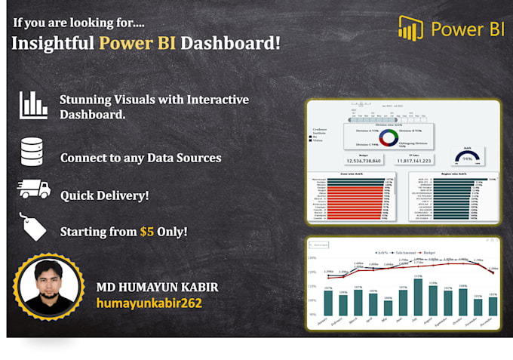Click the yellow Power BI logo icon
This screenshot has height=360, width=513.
[x=410, y=28]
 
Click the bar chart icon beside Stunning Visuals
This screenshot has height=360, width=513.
[x=33, y=106]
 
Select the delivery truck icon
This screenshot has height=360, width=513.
[x=33, y=189]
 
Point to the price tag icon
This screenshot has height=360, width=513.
[x=34, y=227]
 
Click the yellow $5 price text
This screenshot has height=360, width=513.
[x=147, y=232]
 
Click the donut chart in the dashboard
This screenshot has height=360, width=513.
[x=388, y=137]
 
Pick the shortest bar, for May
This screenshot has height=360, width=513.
[x=388, y=308]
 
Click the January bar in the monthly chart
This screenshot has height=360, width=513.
[x=328, y=303]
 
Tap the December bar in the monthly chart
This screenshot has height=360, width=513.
[x=492, y=306]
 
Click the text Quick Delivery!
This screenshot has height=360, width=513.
[x=105, y=195]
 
